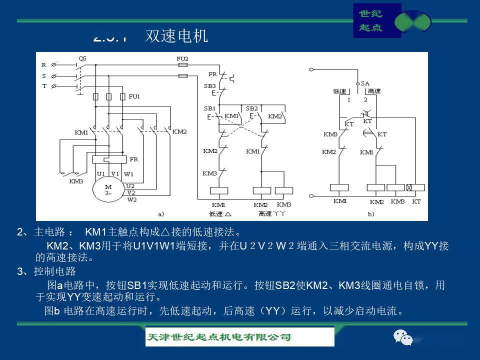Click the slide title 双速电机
pyautogui.click(x=176, y=36)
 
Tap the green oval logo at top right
pyautogui.click(x=412, y=21)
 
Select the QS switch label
pyautogui.click(x=82, y=58)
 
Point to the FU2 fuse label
pyautogui.click(x=182, y=58)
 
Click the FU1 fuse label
pyautogui.click(x=134, y=96)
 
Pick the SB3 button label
pyautogui.click(x=209, y=86)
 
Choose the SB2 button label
pyautogui.click(x=251, y=108)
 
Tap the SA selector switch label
pyautogui.click(x=365, y=83)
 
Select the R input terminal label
pyautogui.click(x=44, y=65)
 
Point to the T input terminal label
pyautogui.click(x=44, y=86)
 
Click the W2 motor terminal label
pyautogui.click(x=132, y=199)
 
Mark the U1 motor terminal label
pyautogui.click(x=101, y=174)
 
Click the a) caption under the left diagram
pyautogui.click(x=161, y=214)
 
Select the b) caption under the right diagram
pyautogui.click(x=371, y=214)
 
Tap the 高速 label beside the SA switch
pyautogui.click(x=373, y=91)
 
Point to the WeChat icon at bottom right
pyautogui.click(x=403, y=338)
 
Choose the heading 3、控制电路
pyautogui.click(x=46, y=271)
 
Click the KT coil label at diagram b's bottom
pyautogui.click(x=416, y=201)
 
